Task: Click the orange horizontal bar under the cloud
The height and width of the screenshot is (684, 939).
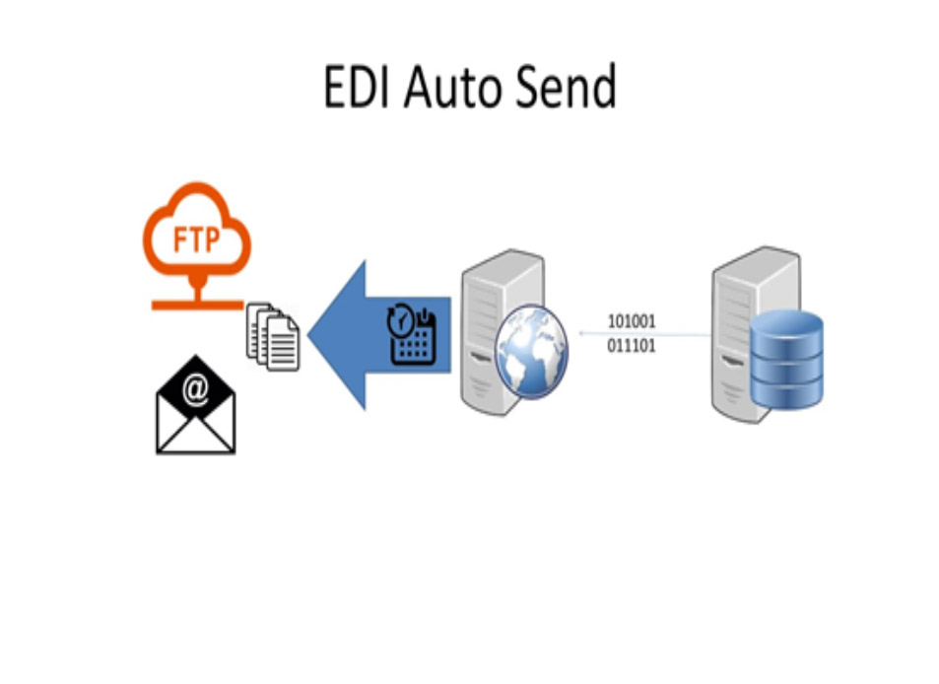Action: pyautogui.click(x=197, y=306)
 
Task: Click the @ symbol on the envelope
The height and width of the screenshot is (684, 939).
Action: pyautogui.click(x=196, y=391)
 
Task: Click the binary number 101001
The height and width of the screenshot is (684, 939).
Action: pyautogui.click(x=632, y=321)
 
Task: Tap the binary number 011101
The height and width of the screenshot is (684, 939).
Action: pyautogui.click(x=632, y=346)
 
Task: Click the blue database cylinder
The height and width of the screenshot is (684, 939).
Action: pyautogui.click(x=785, y=361)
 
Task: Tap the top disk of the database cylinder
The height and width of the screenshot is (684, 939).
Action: pyautogui.click(x=785, y=324)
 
